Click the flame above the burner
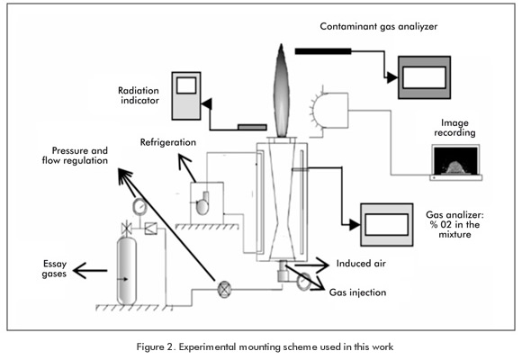pos(282,91)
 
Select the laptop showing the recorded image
pos(456,163)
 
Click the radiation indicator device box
pos(186,96)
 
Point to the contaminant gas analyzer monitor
pos(425,77)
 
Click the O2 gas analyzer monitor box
pos(387,225)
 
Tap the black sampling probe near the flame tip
pos(323,51)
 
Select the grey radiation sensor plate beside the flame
pos(252,127)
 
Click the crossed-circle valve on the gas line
pos(224,289)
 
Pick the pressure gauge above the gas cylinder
pos(139,207)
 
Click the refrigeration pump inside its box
pos(202,203)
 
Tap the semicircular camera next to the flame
pos(329,111)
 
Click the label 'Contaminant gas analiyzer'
pos(379,27)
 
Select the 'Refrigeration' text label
pos(167,142)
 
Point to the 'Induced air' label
pos(361,264)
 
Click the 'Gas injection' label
pos(357,292)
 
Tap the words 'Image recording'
pos(454,128)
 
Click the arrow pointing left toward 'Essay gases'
pos(90,270)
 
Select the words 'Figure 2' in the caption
pos(154,347)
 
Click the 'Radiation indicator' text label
pos(139,95)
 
